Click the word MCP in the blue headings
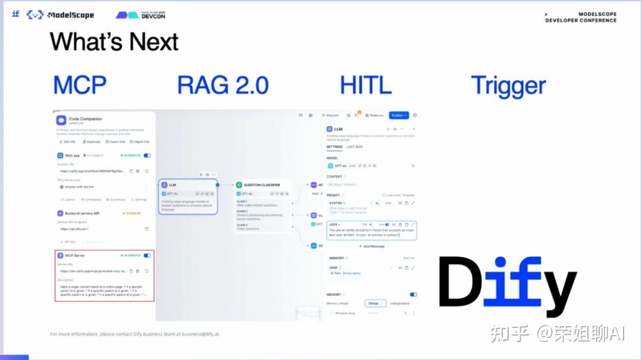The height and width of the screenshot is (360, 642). (80, 85)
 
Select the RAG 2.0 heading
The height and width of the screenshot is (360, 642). (223, 85)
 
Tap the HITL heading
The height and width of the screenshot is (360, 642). (366, 85)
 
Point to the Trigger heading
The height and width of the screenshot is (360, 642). (508, 86)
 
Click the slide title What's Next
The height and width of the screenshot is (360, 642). (114, 42)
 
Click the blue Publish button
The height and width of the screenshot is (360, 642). (399, 115)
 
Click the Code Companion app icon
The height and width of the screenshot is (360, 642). (61, 120)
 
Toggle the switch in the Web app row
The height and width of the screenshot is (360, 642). (147, 155)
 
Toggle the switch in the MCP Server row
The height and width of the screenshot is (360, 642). (147, 255)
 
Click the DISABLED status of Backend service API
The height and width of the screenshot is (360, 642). (132, 213)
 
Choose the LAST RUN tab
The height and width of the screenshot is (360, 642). (354, 147)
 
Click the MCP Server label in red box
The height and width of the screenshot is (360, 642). (74, 255)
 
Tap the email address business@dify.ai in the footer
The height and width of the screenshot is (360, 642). (200, 334)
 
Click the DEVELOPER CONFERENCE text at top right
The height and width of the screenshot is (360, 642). (581, 20)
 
